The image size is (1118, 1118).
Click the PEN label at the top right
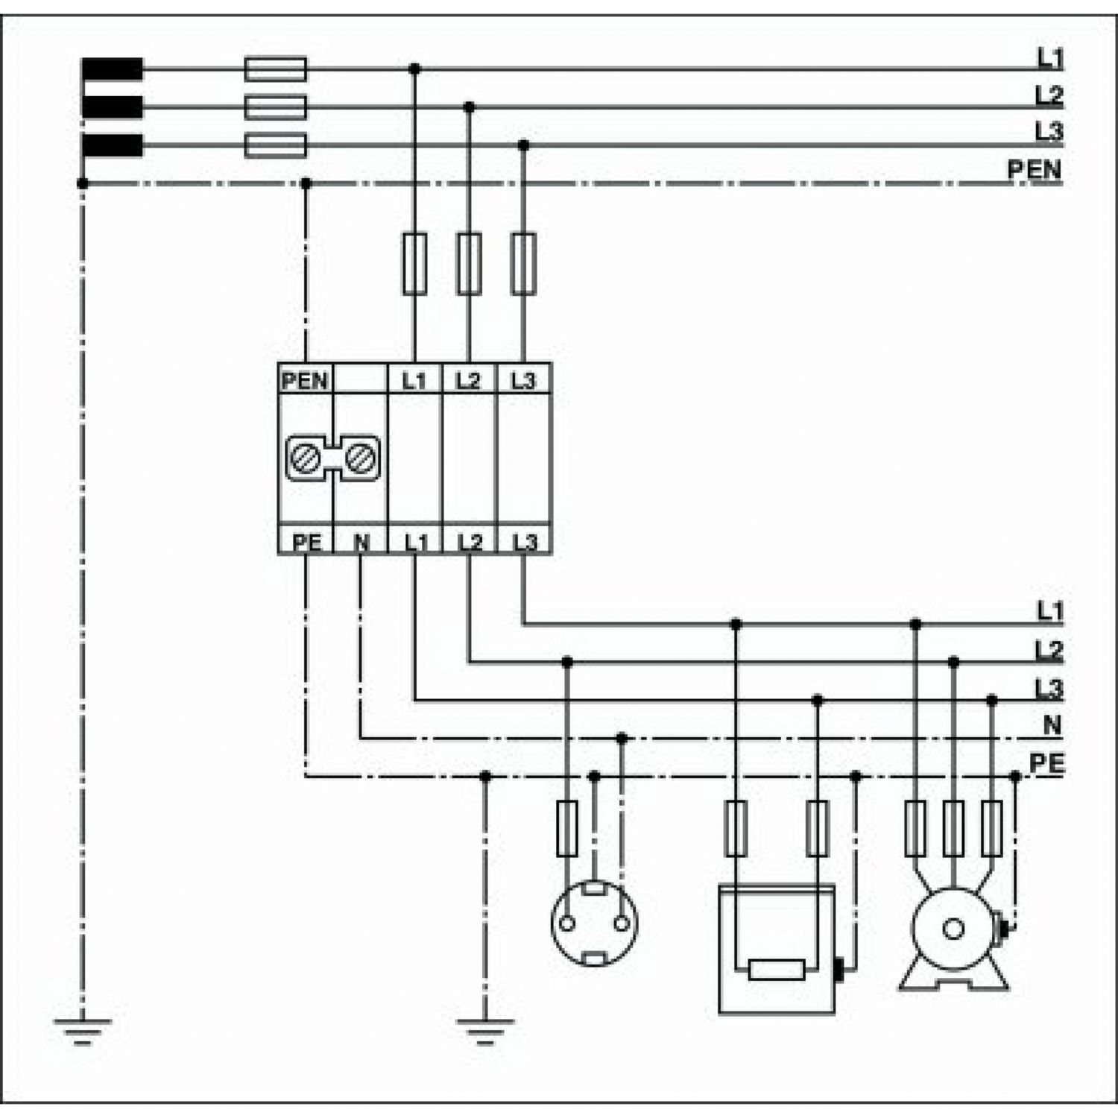coord(1035,169)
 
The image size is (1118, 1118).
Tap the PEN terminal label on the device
coord(305,381)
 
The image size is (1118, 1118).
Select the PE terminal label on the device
coord(306,542)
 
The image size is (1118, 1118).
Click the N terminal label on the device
coord(361,542)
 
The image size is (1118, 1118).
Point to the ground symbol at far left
coord(83,1030)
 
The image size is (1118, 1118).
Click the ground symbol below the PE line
coord(485,1030)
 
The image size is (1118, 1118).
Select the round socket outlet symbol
coord(594,923)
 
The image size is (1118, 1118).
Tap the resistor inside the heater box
coord(777,970)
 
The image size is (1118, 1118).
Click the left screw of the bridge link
coord(306,458)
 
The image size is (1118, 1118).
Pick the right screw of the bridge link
coord(361,458)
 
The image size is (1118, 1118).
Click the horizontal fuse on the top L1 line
coord(276,69)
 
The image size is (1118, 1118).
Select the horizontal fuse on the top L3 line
coord(276,145)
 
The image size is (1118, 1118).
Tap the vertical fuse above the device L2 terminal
coord(469,264)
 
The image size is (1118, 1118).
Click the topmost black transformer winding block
coord(113,69)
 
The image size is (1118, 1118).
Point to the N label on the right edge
coord(1052,724)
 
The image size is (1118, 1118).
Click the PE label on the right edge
coord(1047,763)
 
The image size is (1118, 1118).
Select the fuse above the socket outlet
coord(567,828)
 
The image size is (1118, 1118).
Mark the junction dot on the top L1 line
coord(414,69)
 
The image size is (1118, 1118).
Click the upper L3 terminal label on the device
coord(523,381)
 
